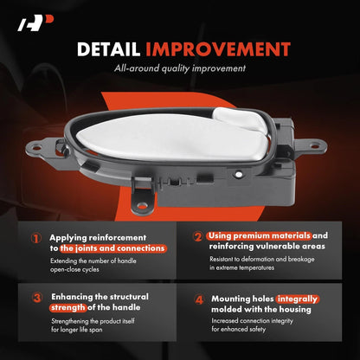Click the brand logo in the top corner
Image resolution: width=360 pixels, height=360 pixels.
(35, 23)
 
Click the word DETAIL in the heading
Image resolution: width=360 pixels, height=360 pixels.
(109, 49)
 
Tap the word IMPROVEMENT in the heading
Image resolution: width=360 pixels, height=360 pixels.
(218, 49)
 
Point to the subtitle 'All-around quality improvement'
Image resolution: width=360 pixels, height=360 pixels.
(180, 68)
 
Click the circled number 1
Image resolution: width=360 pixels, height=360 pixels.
(36, 239)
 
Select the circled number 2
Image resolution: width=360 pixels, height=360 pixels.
(198, 236)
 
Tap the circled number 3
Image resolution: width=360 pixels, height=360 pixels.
(37, 298)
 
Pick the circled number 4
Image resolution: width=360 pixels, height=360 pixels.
(199, 299)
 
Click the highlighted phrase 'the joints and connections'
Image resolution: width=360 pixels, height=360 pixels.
(112, 248)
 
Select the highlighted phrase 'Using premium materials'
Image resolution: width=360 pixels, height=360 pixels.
(259, 236)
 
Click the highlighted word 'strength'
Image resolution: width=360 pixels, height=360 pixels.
(68, 307)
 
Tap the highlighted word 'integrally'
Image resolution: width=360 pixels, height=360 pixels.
(297, 299)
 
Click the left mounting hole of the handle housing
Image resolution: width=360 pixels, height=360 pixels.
(37, 148)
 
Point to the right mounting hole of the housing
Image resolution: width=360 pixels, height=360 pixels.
(315, 146)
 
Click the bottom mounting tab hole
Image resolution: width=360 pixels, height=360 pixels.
(142, 206)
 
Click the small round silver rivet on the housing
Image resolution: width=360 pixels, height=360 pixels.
(238, 174)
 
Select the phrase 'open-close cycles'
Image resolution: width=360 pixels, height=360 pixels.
(74, 270)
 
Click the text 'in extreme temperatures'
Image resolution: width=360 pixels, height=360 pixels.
(241, 267)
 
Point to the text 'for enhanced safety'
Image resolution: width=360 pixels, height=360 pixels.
(239, 329)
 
